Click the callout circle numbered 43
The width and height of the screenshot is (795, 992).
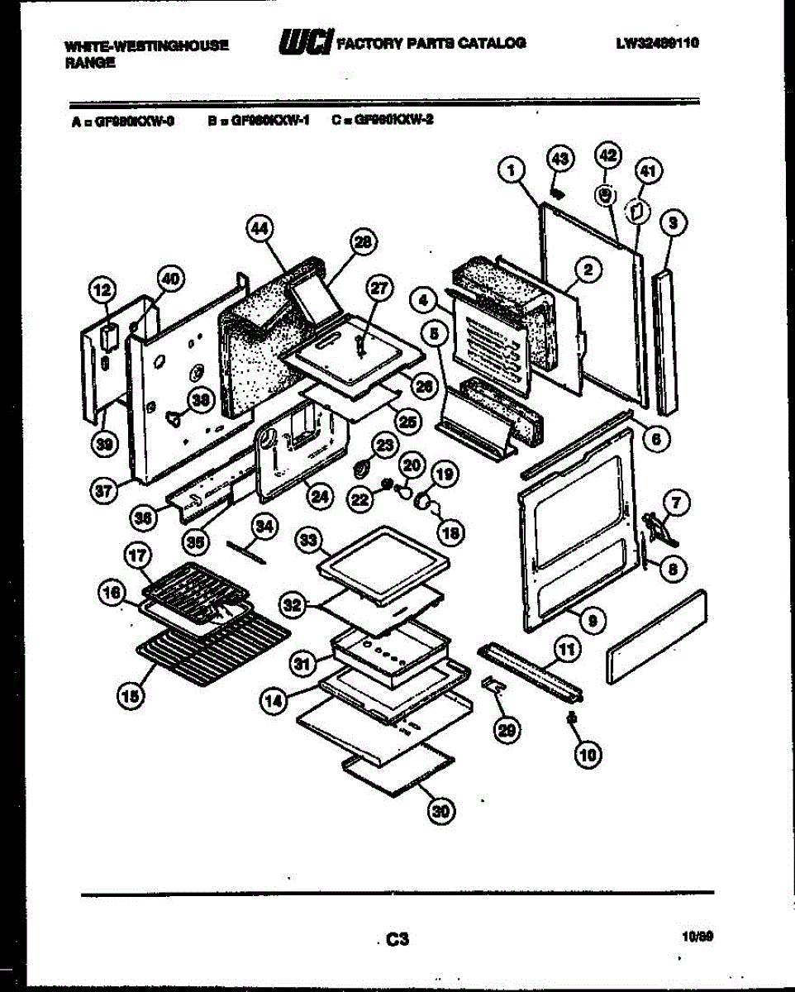point(560,158)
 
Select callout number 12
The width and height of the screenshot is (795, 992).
point(102,290)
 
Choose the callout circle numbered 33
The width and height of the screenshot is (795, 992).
point(308,541)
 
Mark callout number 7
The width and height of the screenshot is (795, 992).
point(676,501)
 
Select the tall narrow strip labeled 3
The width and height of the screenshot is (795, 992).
point(667,343)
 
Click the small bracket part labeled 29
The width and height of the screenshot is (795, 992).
point(493,684)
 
